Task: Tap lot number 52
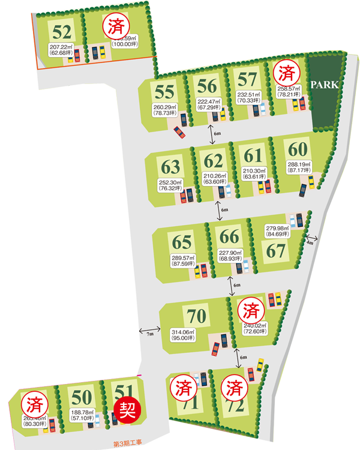point(62,31)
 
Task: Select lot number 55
point(164,92)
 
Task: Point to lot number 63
point(171,164)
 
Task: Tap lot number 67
point(277,251)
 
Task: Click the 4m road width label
point(310,243)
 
